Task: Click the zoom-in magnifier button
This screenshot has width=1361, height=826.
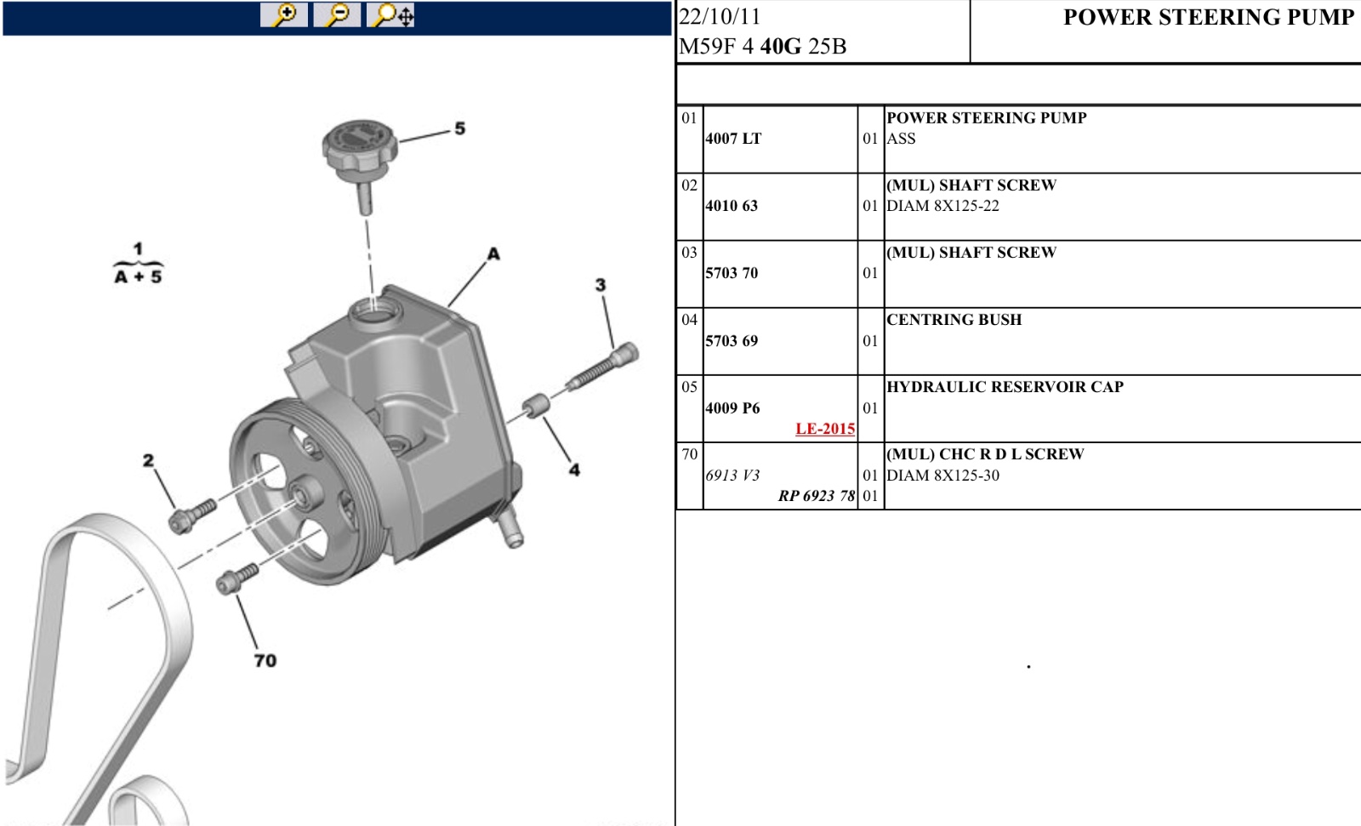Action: pos(284,14)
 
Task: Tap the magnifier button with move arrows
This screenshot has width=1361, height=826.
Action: pos(390,14)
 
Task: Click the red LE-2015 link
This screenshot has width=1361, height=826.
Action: pos(825,429)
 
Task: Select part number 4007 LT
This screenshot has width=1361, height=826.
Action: pos(733,139)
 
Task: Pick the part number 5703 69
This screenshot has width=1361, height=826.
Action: pos(732,341)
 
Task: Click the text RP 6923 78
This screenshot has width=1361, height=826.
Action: pos(817,496)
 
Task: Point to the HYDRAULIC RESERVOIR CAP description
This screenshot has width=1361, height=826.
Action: pos(1005,386)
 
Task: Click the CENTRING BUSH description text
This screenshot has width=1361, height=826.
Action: pos(954,320)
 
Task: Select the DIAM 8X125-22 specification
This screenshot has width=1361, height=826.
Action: pos(943,206)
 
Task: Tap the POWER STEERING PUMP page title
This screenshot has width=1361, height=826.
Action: pos(1209,17)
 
